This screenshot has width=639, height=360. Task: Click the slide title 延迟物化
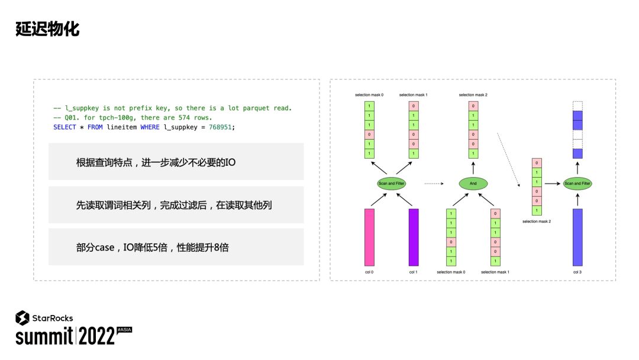click(47, 29)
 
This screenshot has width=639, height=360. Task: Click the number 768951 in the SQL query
click(221, 127)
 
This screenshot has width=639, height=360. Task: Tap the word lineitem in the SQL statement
click(122, 127)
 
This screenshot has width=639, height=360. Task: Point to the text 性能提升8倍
click(203, 247)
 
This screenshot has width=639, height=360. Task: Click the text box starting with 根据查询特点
click(176, 162)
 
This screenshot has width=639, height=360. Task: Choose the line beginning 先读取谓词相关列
click(176, 205)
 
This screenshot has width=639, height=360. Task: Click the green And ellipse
click(473, 184)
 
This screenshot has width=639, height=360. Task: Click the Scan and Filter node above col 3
click(577, 184)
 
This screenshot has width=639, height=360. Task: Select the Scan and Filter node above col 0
click(391, 184)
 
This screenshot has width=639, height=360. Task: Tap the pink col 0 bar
click(370, 237)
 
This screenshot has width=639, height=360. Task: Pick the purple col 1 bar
click(414, 237)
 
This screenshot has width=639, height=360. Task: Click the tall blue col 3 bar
click(577, 237)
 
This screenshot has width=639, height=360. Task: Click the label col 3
click(577, 272)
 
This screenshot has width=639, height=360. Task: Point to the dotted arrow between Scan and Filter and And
click(434, 184)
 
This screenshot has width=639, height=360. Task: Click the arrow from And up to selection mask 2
click(473, 168)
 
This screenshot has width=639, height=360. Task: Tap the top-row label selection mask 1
click(413, 95)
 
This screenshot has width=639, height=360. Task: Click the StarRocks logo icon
click(22, 318)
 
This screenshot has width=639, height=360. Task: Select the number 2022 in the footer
click(97, 336)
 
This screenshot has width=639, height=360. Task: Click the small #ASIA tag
click(124, 329)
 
